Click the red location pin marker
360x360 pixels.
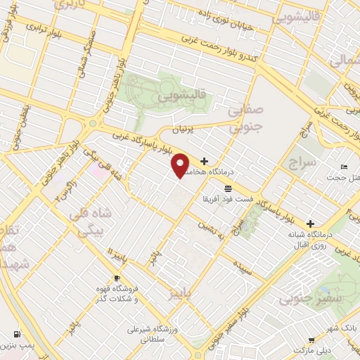(x=180, y=165)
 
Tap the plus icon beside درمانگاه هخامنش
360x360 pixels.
(x=205, y=161)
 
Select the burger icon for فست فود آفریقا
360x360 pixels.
(x=227, y=188)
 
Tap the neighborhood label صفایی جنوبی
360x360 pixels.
(x=247, y=117)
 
